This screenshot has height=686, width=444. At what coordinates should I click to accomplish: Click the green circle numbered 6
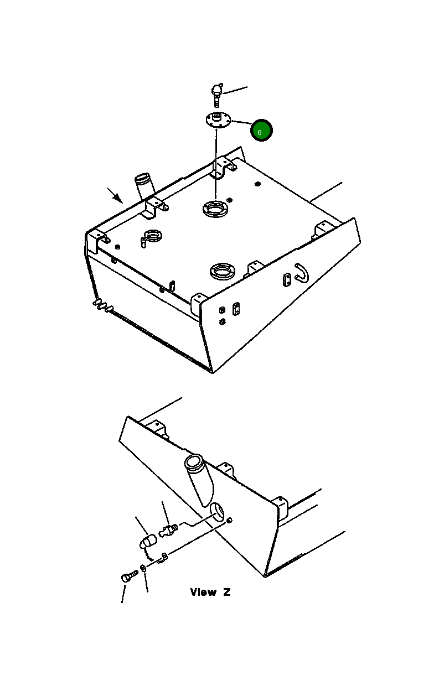click(x=261, y=130)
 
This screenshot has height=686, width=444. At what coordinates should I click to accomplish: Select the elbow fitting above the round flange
click(x=217, y=94)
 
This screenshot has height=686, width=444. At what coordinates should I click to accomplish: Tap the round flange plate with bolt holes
click(x=218, y=121)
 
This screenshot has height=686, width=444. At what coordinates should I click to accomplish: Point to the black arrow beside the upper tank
click(x=115, y=195)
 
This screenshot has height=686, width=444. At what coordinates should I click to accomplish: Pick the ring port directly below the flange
click(x=215, y=209)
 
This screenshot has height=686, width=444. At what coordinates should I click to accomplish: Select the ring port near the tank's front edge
click(x=223, y=271)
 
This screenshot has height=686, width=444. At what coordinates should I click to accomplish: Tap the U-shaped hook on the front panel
click(x=302, y=273)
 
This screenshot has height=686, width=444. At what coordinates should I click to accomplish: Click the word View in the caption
click(x=203, y=592)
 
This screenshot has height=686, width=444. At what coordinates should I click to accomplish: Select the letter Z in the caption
click(x=226, y=592)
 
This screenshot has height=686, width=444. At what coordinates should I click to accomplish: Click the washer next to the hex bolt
click(x=143, y=568)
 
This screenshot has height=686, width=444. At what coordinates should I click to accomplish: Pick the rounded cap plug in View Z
click(x=148, y=542)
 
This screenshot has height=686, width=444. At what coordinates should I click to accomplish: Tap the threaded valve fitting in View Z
click(x=168, y=530)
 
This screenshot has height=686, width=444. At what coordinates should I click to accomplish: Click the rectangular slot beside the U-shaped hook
click(x=286, y=280)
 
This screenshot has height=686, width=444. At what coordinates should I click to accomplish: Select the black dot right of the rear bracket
click(x=257, y=184)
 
